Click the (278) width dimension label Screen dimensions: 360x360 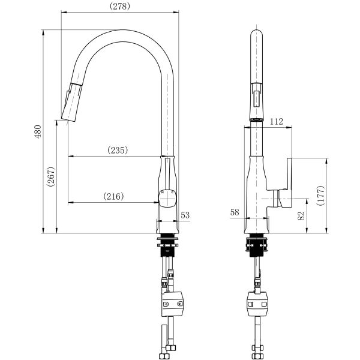coord(119,6)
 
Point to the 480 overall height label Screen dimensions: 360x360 coord(38,131)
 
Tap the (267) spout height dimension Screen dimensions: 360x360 coord(51,177)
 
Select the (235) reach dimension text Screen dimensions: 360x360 coord(118,150)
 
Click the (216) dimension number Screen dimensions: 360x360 coord(113,196)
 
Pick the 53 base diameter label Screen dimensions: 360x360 coord(185,215)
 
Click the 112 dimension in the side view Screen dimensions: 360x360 coord(276,121)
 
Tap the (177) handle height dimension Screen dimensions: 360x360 coord(320,196)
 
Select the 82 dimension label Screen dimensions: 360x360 coord(301,215)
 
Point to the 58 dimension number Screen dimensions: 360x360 coord(235,212)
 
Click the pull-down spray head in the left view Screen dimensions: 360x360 coord(71,102)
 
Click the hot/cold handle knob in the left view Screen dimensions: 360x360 coord(167,199)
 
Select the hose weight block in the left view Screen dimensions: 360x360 coord(172,304)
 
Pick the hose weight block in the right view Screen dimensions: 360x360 coord(257,304)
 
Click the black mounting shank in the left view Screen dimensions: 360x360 coord(167,245)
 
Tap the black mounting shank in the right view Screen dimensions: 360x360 coord(256,245)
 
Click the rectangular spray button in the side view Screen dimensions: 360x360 coord(256,98)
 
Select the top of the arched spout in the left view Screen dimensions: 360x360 coord(123,30)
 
